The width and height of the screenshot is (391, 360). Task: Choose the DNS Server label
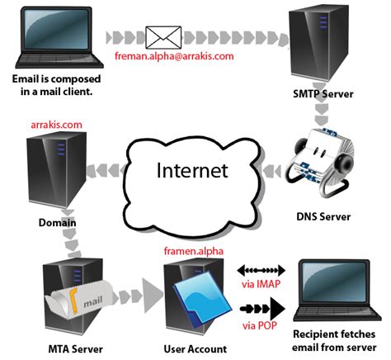(324, 217)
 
